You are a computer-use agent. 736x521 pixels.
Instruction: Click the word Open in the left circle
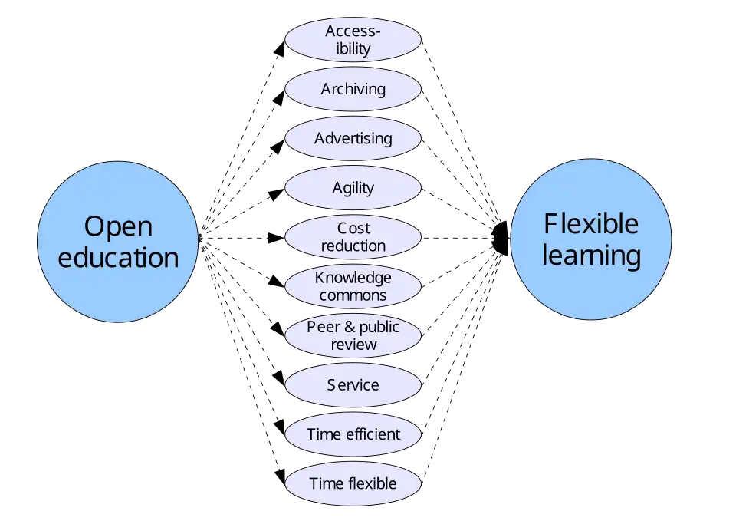click(x=118, y=226)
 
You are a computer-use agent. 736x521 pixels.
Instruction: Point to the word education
click(x=118, y=257)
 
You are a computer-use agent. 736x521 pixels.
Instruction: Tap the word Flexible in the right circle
click(x=591, y=223)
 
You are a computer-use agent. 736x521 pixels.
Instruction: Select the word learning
click(x=591, y=255)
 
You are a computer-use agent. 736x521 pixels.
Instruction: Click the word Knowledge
click(x=353, y=278)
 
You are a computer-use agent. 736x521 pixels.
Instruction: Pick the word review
click(x=353, y=345)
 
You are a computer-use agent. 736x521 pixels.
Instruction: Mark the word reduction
click(x=353, y=246)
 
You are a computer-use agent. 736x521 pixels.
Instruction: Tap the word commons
click(x=353, y=295)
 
